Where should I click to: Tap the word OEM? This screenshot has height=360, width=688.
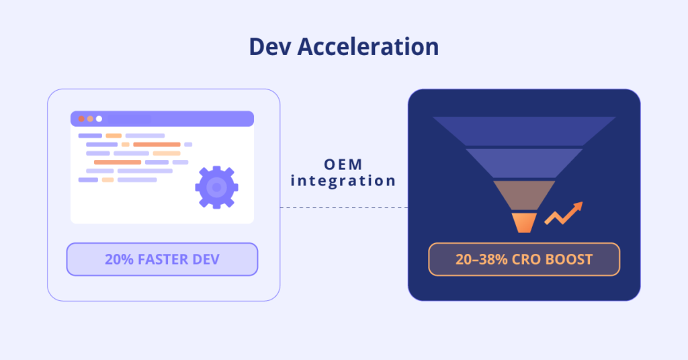click(343, 165)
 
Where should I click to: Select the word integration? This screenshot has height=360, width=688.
click(343, 181)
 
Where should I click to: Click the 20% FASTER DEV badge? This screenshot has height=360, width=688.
click(162, 259)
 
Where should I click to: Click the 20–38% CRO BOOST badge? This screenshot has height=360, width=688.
click(524, 259)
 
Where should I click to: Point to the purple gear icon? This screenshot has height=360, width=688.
click(216, 187)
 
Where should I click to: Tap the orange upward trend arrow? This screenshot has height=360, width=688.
click(564, 213)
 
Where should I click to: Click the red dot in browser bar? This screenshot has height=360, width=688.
click(81, 119)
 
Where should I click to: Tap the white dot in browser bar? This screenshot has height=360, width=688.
click(99, 119)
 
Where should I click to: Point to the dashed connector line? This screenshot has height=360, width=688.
click(343, 208)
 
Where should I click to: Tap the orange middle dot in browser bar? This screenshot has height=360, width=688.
click(90, 119)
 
